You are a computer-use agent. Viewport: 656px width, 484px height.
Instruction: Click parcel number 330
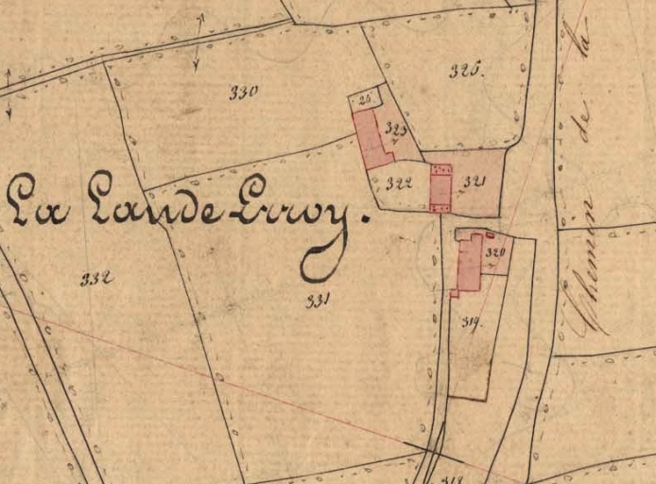(244, 92)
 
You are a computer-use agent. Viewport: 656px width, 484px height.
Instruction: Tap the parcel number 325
(466, 69)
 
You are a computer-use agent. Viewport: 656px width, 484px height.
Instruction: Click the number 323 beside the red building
(396, 130)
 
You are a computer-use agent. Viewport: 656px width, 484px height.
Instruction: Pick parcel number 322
(399, 182)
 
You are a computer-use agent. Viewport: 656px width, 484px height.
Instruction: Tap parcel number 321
(475, 182)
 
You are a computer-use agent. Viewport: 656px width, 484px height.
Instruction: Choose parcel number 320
(495, 253)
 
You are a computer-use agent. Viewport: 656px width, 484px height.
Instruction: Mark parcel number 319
(472, 322)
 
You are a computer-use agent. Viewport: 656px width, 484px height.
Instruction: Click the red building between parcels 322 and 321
(440, 188)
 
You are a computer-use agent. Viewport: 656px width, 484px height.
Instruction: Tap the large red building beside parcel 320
(469, 264)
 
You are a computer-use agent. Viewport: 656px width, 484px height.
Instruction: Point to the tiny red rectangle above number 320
(490, 234)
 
